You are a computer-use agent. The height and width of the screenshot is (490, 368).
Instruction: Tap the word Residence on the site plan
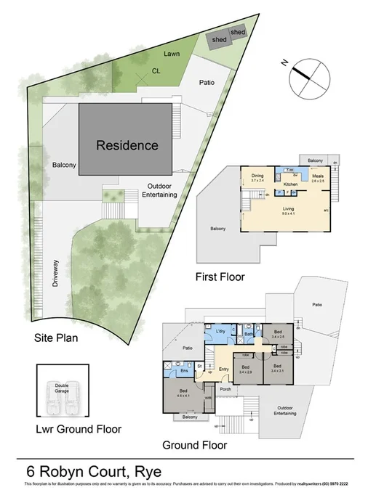click(x=127, y=144)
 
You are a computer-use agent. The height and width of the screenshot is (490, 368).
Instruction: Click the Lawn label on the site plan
click(x=172, y=54)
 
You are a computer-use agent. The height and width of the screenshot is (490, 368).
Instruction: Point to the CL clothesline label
click(x=156, y=70)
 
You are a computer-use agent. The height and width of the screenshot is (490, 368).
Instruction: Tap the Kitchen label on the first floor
click(x=291, y=184)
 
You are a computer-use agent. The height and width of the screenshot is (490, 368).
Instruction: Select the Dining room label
click(x=257, y=176)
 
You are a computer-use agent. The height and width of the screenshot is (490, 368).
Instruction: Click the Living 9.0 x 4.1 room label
click(x=288, y=210)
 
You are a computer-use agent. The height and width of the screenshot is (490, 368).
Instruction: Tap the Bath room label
click(x=248, y=334)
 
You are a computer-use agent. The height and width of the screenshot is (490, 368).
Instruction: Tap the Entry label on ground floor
click(x=223, y=369)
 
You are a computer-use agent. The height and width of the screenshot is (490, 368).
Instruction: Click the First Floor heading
click(x=220, y=277)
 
